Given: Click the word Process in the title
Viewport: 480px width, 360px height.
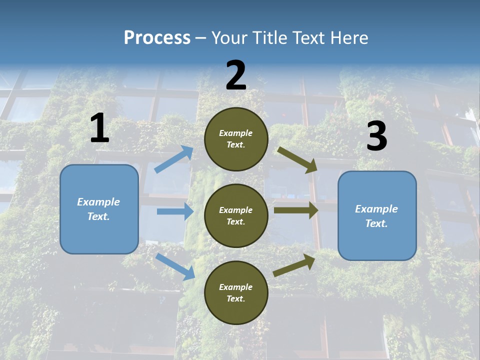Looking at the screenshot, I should [157, 38].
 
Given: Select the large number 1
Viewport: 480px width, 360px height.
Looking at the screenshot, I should [99, 128].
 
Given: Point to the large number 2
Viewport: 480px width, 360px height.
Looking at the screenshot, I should [236, 75].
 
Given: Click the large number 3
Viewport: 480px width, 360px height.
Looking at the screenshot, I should [376, 136].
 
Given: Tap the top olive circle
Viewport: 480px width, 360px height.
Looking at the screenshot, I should [236, 139].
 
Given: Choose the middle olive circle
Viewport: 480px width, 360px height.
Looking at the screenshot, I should [236, 215].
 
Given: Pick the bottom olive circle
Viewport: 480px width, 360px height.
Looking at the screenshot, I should [236, 292].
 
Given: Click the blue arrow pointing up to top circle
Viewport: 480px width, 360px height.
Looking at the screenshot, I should [174, 159].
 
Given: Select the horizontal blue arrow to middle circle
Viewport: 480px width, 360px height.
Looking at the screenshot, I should [175, 211].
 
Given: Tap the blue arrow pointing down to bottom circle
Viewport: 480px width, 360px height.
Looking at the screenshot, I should [175, 266].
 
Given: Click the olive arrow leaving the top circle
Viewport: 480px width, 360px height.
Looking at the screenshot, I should [297, 159].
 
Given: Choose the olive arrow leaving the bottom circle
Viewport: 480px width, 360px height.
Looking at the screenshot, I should [294, 265].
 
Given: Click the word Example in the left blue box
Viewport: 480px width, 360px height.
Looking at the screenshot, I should [98, 202].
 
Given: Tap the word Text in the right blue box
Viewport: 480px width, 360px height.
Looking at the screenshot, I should [376, 223].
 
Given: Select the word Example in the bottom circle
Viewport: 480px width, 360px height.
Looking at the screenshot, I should [236, 287].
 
